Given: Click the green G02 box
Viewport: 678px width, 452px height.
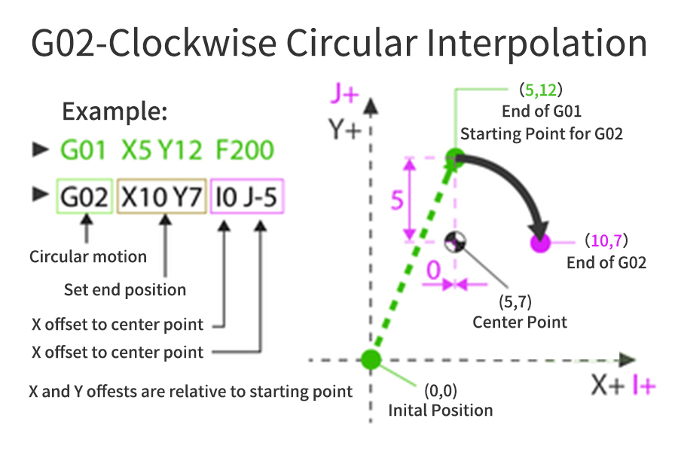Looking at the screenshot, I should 85,197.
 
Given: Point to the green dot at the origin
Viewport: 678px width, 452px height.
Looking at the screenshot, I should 370,359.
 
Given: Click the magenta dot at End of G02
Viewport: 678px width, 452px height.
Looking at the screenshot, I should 539,243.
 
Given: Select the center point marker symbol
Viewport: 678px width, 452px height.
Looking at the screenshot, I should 455,243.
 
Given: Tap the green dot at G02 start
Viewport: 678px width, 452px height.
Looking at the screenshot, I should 454,158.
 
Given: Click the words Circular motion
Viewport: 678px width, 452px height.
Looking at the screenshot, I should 88,256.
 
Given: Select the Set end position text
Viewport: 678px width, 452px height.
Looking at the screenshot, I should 125,289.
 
